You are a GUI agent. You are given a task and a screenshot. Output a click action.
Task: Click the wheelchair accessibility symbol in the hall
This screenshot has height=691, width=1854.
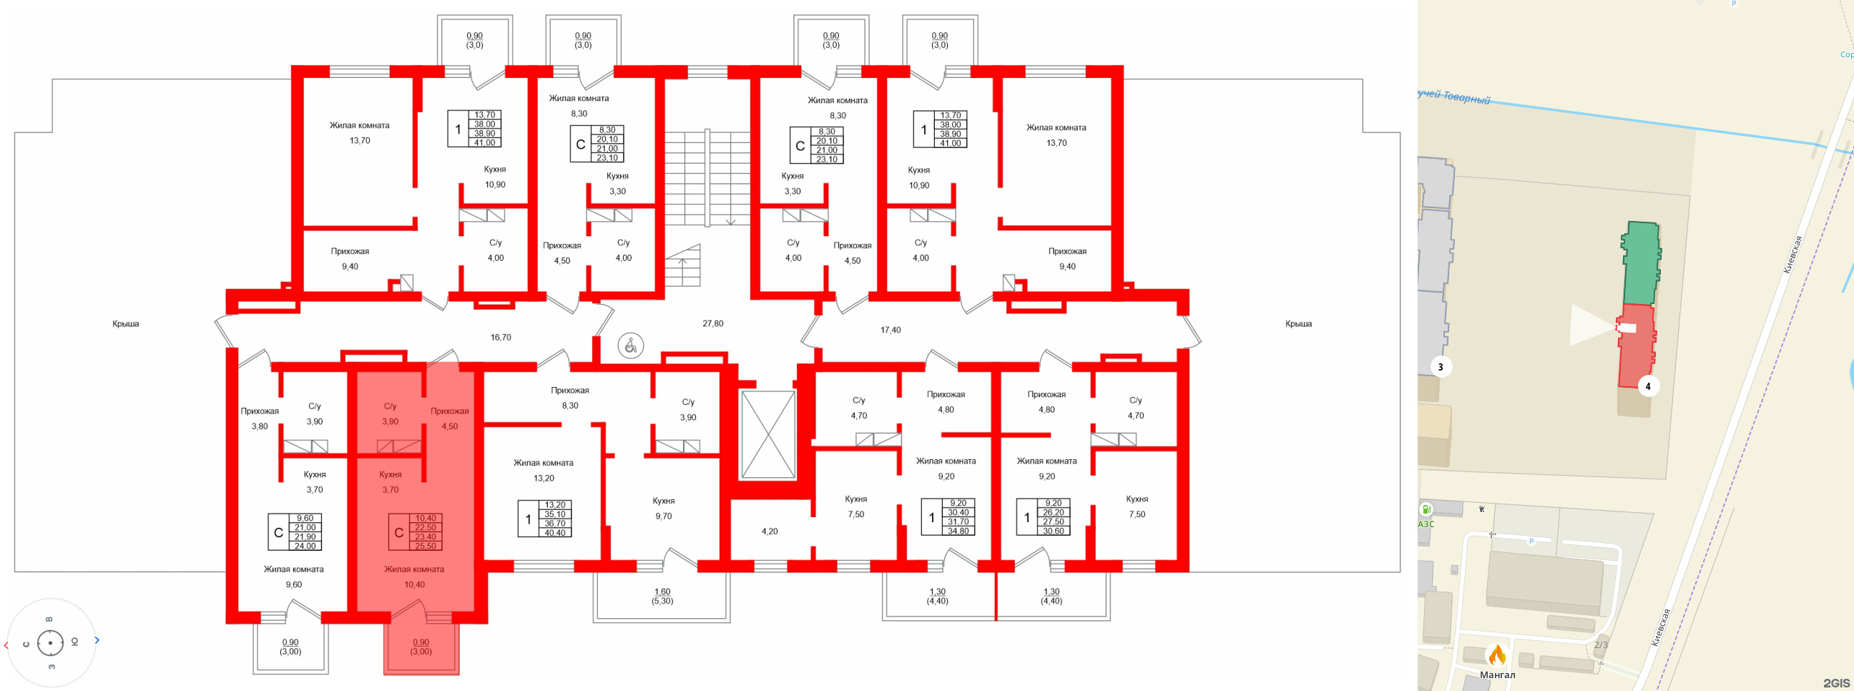tap(630, 346)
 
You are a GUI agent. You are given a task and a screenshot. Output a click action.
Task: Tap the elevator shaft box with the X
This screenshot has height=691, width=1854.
tap(768, 435)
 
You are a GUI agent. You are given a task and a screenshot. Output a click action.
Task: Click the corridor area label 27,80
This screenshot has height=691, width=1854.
tap(712, 324)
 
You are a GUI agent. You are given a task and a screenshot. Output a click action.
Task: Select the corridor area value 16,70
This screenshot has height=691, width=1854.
tap(500, 338)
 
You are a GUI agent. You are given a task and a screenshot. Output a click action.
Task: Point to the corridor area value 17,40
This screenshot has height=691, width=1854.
tap(891, 330)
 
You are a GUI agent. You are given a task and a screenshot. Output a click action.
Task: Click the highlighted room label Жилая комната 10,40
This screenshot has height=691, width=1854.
tap(414, 577)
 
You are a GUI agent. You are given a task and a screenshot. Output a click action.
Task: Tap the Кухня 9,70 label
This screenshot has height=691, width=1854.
tap(663, 508)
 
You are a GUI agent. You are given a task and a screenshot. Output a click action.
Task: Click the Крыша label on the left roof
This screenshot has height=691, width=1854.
tap(125, 324)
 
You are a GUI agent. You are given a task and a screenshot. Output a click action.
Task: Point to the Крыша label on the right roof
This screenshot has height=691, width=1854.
tap(1298, 324)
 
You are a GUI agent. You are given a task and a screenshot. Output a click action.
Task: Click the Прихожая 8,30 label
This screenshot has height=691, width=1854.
tap(569, 398)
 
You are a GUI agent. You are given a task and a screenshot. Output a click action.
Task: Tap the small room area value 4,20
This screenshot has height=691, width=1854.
tap(770, 532)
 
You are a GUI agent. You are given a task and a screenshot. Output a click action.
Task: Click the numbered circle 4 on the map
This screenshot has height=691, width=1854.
tap(1648, 386)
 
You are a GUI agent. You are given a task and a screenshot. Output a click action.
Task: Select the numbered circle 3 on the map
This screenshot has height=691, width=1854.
tap(1440, 367)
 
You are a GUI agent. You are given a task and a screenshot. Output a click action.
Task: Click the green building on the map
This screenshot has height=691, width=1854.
tap(1641, 263)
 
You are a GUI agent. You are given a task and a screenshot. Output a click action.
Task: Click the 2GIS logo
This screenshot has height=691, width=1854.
tap(1836, 682)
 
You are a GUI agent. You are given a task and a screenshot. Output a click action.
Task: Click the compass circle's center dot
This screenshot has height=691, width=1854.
tap(50, 643)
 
